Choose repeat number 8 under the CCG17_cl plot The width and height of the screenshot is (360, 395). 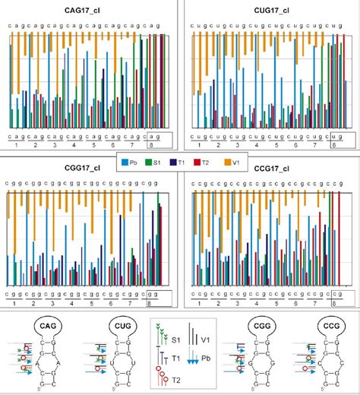tap(334, 302)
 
